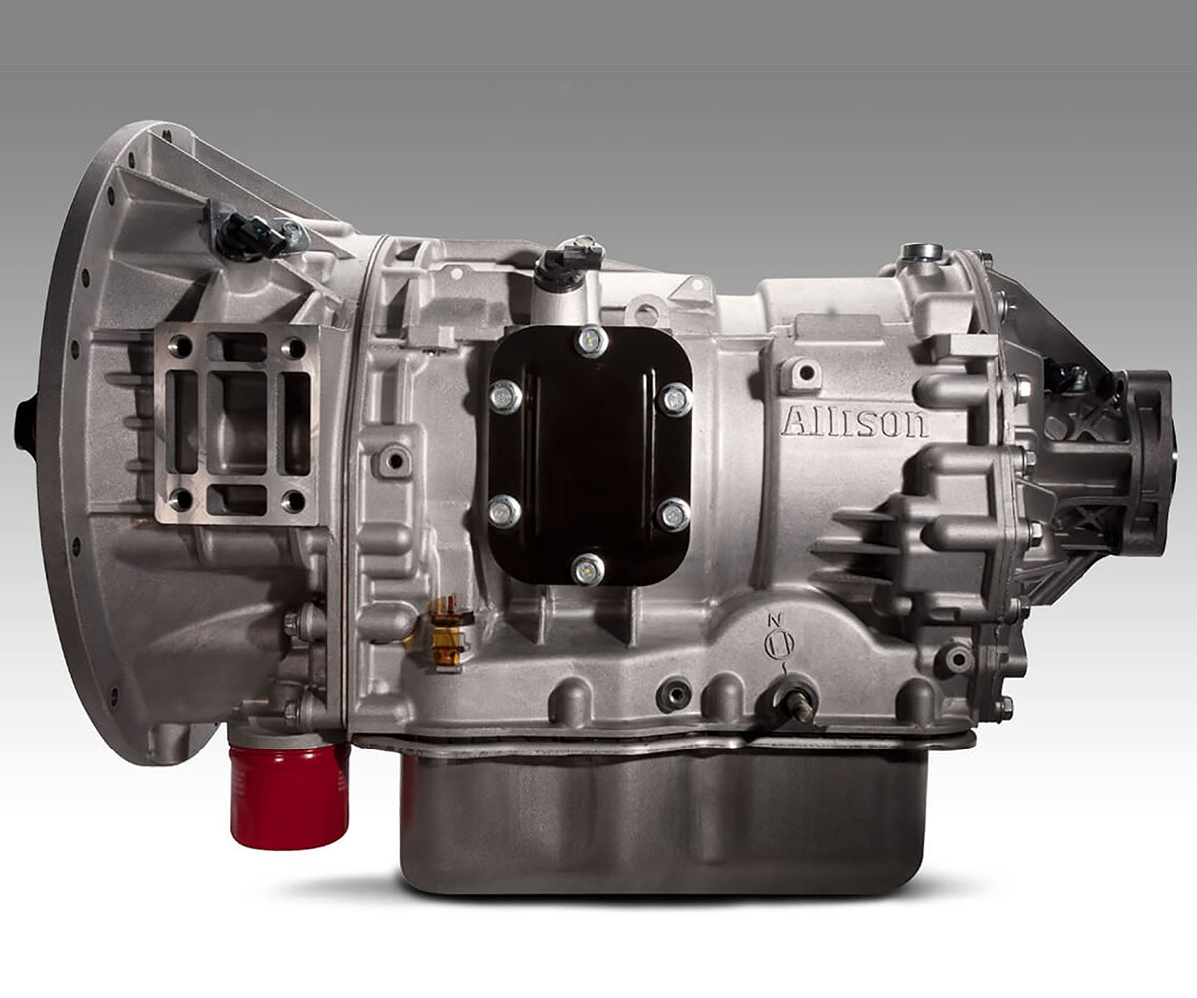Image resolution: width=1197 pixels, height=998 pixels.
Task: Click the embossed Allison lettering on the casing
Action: [855, 422]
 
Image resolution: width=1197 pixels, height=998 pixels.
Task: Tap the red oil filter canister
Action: [289, 794]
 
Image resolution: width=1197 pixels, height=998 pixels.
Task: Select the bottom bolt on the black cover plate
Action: [589, 570]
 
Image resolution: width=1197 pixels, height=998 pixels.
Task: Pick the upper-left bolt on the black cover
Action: [506, 396]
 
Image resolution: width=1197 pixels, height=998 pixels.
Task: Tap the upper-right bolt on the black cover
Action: [676, 398]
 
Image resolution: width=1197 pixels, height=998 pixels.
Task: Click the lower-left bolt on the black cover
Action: [505, 512]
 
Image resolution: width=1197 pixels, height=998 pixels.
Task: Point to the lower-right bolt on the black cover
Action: [673, 515]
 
